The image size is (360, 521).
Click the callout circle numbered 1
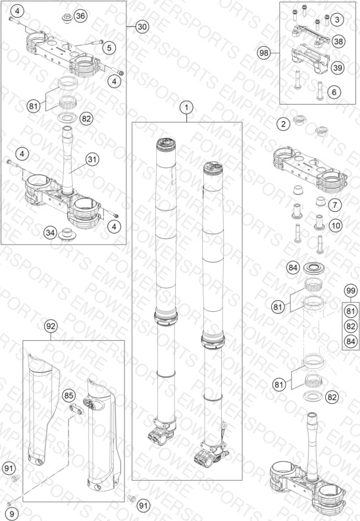pos(186,108)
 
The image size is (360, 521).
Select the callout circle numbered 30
pos(142,26)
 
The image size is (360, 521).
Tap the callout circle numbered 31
pos(92,159)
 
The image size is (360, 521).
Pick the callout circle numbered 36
pos(80,16)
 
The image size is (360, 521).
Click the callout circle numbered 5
pos(109,48)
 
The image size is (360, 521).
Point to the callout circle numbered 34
pos(50,233)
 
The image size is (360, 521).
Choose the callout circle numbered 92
pos(51,327)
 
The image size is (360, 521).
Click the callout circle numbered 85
pos(68,395)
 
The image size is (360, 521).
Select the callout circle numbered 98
pos(264,53)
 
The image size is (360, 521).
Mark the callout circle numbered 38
pos(338,41)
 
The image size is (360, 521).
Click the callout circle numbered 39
pos(338,68)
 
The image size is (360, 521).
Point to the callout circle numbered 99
pos(351,291)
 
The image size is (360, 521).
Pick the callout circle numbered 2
pos(283,124)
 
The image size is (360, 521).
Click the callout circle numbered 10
pos(336,226)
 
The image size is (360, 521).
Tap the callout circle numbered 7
pos(335,205)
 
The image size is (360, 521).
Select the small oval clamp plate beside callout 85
pos(77,408)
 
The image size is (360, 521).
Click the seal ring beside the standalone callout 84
pos(314,268)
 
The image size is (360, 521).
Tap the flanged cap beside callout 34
pos(68,234)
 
